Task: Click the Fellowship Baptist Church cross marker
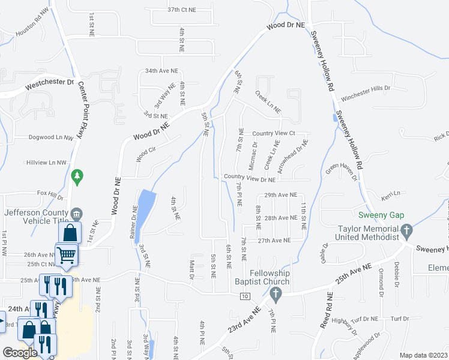pos(276,294)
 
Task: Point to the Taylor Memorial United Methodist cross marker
pos(406,230)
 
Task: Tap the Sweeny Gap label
pos(381,215)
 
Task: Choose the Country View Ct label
pos(274,133)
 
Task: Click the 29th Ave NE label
pos(281,195)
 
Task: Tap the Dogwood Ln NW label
pos(51,137)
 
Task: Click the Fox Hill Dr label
pos(50,194)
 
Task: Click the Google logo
pos(20,353)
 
